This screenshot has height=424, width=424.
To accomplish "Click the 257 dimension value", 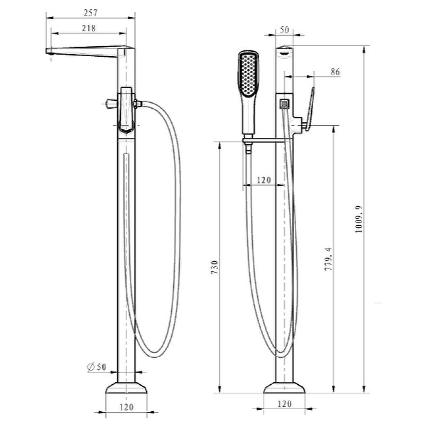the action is coord(90,13).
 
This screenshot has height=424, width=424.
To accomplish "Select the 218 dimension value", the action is coord(89,28).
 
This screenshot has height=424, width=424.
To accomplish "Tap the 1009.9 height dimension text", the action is coord(359,219).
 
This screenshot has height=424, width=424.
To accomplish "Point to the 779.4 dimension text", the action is coord(328,259).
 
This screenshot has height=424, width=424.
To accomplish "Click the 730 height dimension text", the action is coord(215,268).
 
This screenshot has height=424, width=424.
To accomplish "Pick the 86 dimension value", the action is coord(335,72).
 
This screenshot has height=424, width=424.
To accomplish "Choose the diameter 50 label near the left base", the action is coord(97,367).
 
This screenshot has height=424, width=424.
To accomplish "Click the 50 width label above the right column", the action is coord(285,30).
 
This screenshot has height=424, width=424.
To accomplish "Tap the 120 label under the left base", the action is coord(126,407).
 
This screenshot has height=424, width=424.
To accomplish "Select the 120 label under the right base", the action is coord(285,404).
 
